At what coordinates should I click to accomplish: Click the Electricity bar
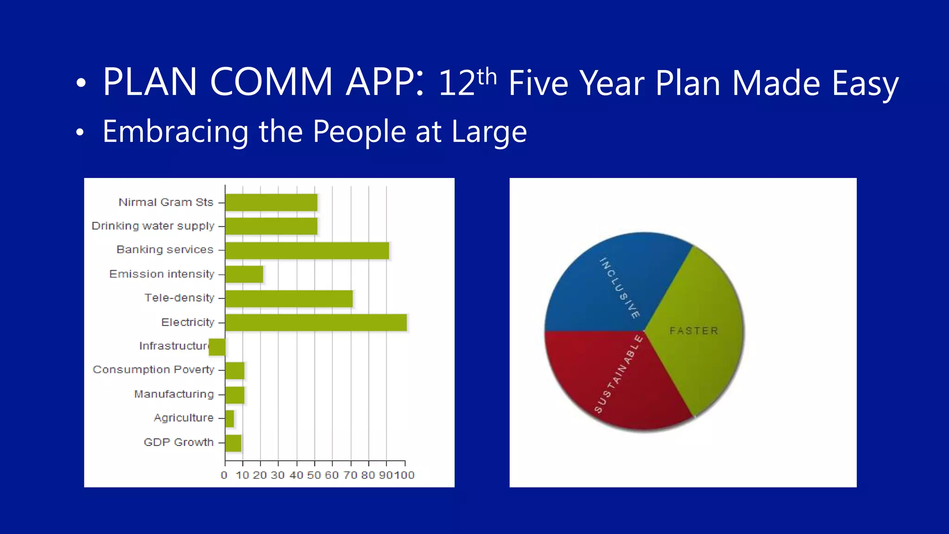coord(316,323)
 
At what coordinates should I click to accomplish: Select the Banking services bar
coord(307,250)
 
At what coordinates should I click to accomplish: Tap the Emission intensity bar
coord(244,274)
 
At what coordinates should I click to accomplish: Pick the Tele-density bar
coord(289,299)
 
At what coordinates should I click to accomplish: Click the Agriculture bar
coord(229,419)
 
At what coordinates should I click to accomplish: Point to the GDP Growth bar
coord(233,443)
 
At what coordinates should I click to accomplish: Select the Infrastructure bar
coord(217,347)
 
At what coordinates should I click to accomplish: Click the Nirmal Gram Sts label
coord(166,203)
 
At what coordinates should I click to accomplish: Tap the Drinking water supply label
coord(153,226)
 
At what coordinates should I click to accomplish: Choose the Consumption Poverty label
coord(153,370)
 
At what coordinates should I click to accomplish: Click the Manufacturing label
coord(174,394)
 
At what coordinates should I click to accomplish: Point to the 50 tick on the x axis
coord(314,475)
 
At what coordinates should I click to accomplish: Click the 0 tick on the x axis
coord(224,475)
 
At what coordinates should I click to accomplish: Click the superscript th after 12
coord(487,76)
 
